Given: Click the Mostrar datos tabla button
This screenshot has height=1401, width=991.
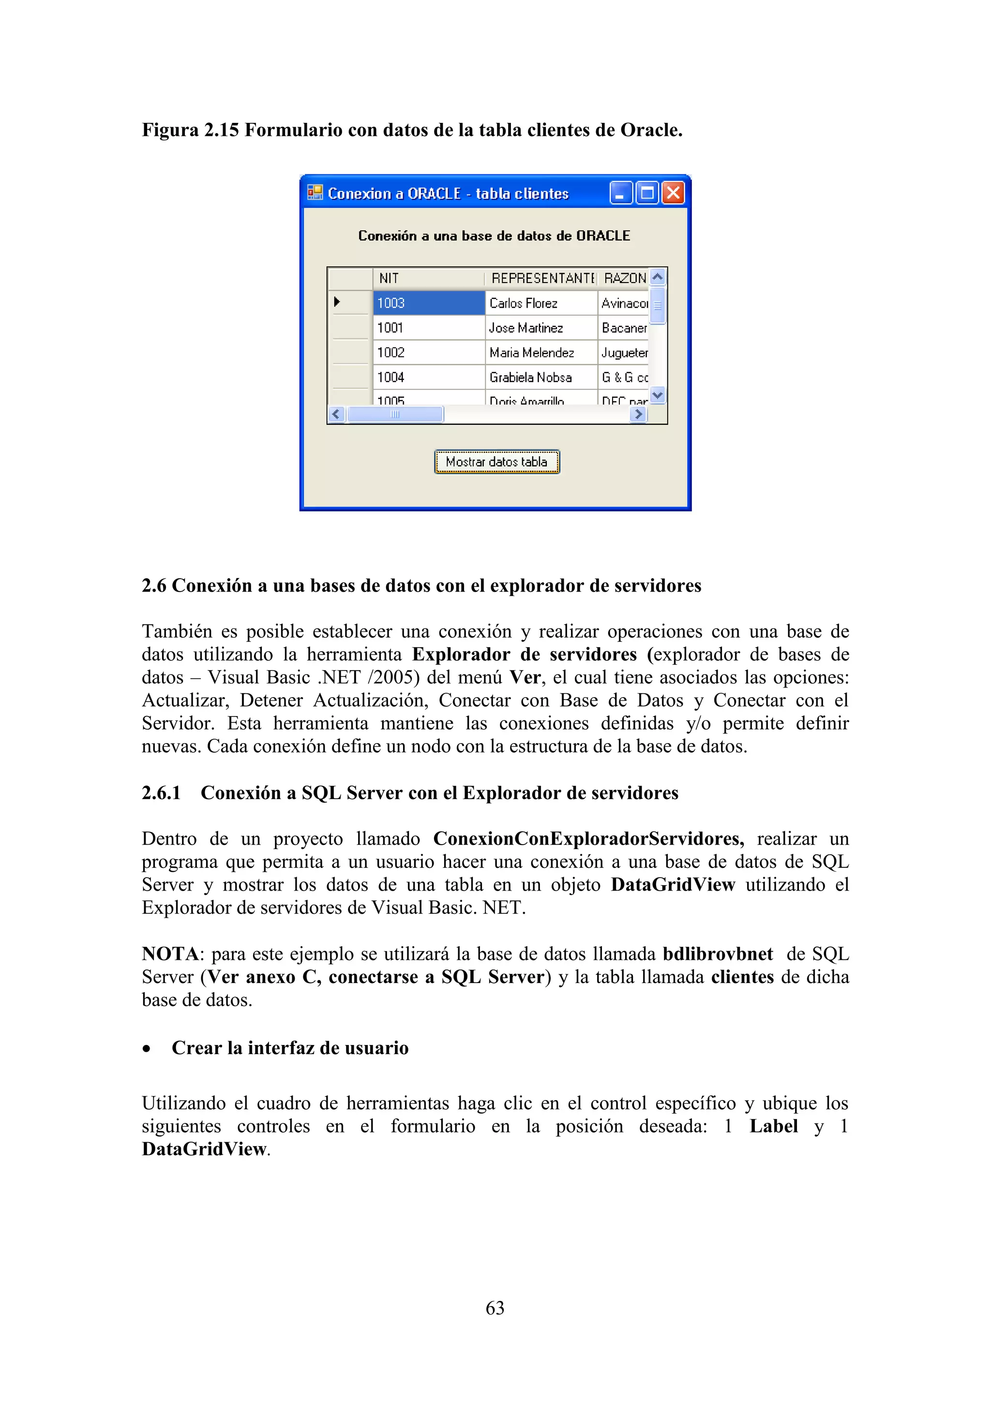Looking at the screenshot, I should click(x=497, y=462).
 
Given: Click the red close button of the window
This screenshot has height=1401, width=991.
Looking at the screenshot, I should click(x=673, y=194).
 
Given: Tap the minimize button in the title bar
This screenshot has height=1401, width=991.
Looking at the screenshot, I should click(x=621, y=194).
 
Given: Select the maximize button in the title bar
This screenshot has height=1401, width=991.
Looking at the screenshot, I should click(x=647, y=194).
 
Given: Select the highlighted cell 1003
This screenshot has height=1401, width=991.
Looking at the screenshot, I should click(x=428, y=303).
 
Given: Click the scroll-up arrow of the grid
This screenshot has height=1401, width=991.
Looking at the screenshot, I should click(x=657, y=277).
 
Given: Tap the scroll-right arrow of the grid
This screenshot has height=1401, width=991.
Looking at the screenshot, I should click(x=638, y=414).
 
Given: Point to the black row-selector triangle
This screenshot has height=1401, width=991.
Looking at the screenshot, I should click(x=337, y=301).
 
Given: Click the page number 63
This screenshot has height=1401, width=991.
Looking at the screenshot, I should click(x=495, y=1308).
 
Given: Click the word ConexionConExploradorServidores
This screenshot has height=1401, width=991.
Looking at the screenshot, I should click(x=588, y=838).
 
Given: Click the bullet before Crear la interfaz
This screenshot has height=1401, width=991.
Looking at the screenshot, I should click(x=147, y=1049).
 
